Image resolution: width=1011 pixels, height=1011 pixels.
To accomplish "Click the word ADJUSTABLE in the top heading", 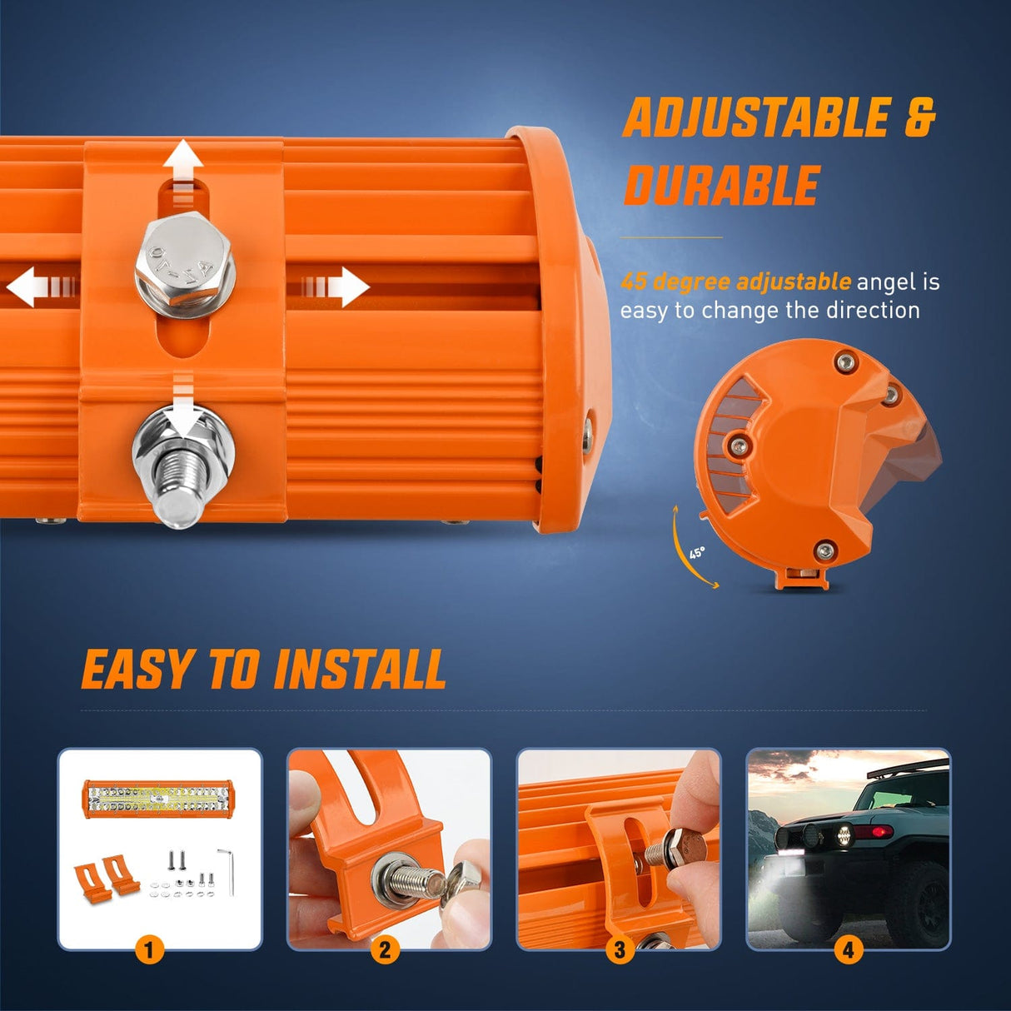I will click(x=756, y=117).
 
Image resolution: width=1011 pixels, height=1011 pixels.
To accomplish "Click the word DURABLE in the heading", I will click(x=722, y=185).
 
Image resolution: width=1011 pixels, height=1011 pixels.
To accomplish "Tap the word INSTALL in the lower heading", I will click(x=360, y=670).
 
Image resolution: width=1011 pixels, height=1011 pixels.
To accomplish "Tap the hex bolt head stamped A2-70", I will click(x=185, y=258).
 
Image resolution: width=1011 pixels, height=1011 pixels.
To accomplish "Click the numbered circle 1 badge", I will click(x=149, y=949).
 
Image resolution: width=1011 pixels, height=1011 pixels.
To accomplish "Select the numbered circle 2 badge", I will click(x=384, y=949).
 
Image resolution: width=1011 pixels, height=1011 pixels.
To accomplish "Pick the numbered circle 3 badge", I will click(x=619, y=949).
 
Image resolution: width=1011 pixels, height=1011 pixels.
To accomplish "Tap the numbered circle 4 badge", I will click(x=849, y=949).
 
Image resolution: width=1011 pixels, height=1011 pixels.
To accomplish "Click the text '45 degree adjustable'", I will click(x=735, y=281).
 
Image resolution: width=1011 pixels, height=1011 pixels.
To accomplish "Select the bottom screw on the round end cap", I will click(x=824, y=549).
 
